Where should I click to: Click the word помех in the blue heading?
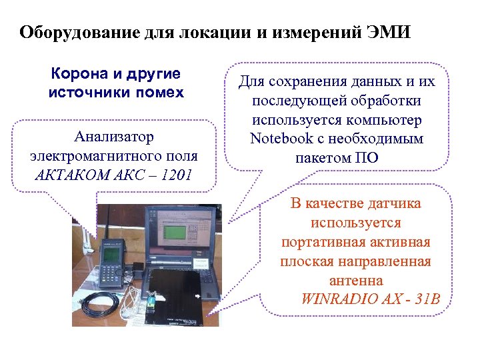tap(162, 92)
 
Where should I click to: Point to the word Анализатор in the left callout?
tap(114, 137)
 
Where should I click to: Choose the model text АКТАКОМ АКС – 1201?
tap(114, 175)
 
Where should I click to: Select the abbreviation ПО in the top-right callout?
tap(369, 158)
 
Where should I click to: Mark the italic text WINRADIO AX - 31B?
tap(371, 298)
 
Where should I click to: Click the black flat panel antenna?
tap(173, 293)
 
